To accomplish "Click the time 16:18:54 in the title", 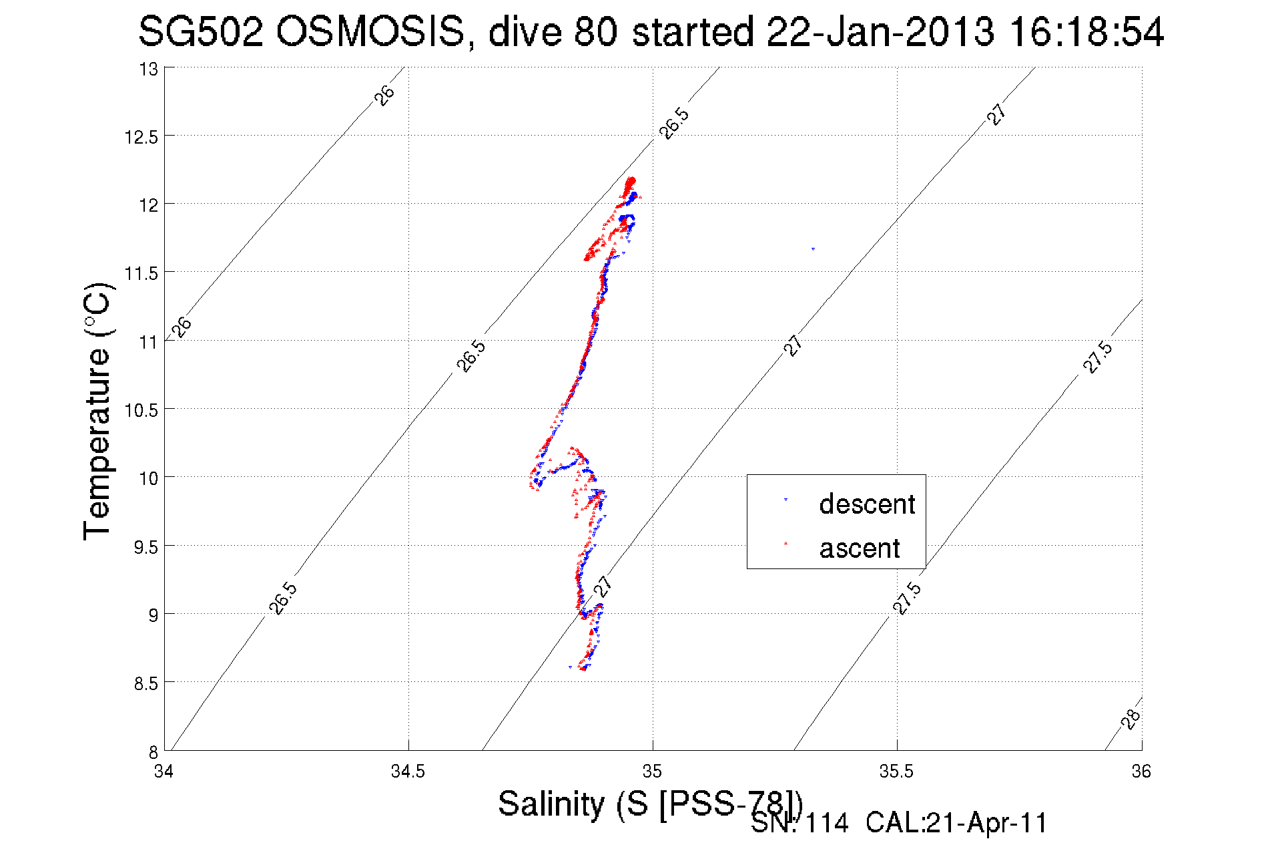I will coord(1086,32).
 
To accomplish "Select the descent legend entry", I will coord(866,504).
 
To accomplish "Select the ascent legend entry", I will coord(859,548).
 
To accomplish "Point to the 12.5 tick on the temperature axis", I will coord(141,137).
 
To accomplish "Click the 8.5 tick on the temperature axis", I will coord(146,683).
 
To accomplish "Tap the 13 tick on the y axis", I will coord(149,69).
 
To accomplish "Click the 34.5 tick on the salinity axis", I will coord(408,772).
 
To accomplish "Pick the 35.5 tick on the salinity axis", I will coord(896,772).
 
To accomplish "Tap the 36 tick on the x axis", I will coord(1141,772).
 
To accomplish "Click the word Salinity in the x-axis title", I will coord(551,804).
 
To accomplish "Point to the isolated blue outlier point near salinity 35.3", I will coord(813,249).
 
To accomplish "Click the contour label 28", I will coord(1131,719).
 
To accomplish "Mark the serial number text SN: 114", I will coord(800,824).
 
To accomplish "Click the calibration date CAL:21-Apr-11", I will coord(956,824).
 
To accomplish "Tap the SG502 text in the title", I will coord(200,32).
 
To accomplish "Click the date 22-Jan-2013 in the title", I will coord(880,32).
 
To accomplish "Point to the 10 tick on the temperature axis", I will coord(149,478).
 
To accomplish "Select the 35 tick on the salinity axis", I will coord(652,772).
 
